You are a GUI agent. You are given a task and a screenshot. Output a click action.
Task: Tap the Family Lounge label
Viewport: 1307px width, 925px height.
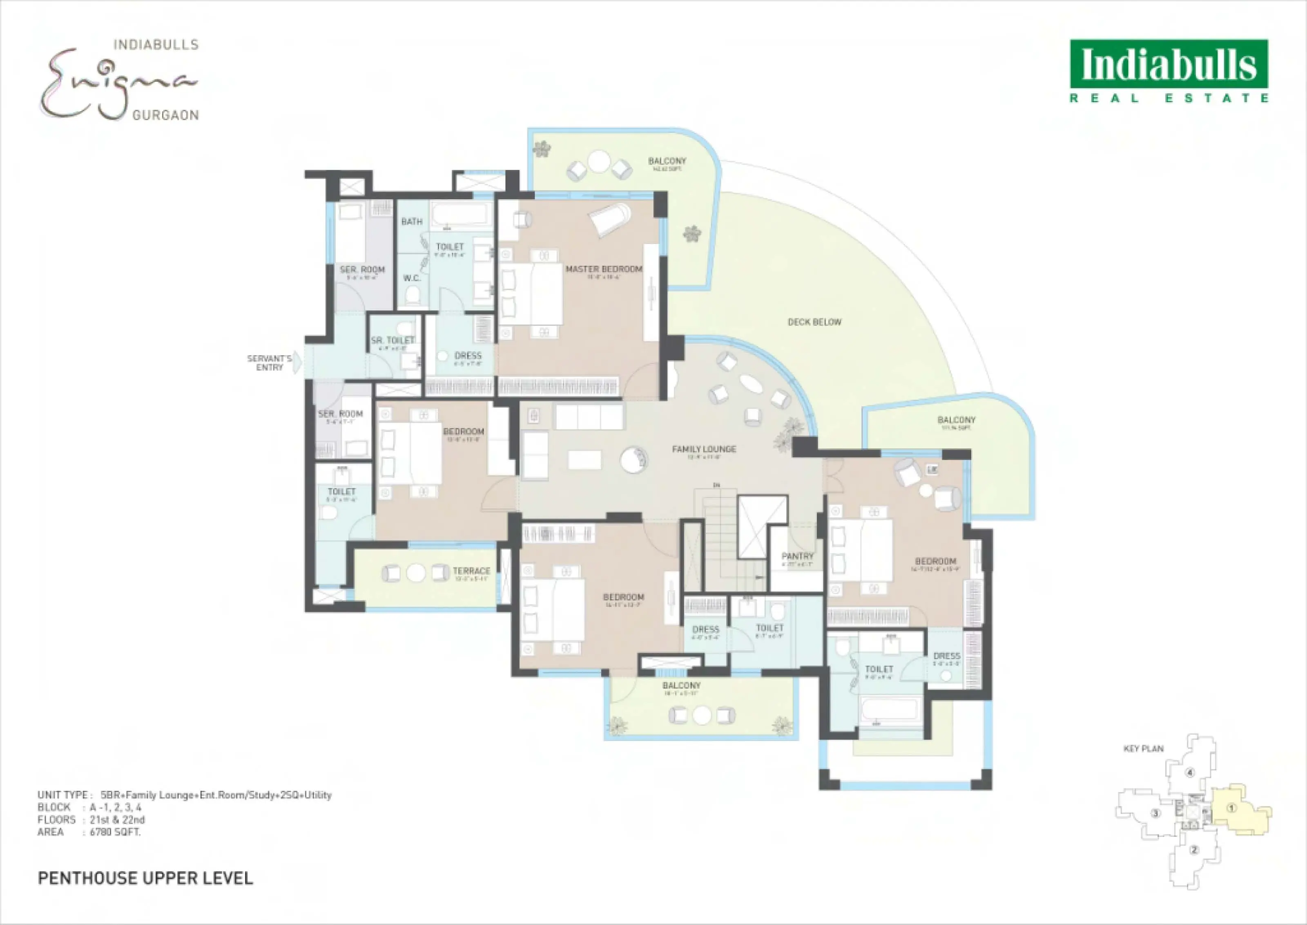point(704,449)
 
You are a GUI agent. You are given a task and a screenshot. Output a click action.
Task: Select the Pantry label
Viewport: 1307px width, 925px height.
point(798,556)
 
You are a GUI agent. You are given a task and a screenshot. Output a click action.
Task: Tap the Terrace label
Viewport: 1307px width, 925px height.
point(471,571)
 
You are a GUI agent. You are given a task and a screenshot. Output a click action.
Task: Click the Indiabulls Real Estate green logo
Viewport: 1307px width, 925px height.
point(1169,71)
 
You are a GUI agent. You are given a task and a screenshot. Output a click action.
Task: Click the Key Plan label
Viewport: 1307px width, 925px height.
point(1143,749)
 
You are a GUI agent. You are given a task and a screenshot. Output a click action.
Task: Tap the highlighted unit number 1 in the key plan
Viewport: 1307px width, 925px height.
point(1231,808)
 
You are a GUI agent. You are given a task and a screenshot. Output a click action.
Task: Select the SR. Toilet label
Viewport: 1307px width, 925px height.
point(393,340)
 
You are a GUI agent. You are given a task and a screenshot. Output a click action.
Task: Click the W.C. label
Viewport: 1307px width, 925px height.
point(412,278)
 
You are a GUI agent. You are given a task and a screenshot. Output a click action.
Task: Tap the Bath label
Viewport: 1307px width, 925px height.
point(412,222)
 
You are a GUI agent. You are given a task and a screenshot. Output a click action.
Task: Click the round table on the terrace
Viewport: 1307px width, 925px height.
point(416,573)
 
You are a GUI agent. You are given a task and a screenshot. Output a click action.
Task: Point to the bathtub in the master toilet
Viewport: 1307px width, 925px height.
point(461,216)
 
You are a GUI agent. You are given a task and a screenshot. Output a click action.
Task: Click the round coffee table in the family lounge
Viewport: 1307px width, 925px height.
point(633,460)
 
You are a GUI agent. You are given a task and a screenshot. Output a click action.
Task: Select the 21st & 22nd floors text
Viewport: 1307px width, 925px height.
point(117,820)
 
